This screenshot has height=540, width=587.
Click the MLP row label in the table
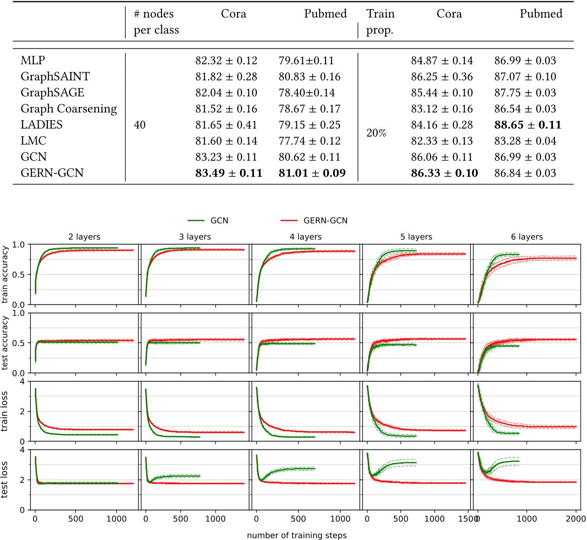(x=33, y=60)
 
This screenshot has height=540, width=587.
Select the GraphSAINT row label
(x=55, y=77)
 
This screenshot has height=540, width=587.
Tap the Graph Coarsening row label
(x=68, y=109)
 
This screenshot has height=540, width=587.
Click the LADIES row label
(x=41, y=125)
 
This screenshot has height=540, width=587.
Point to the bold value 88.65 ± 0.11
(x=527, y=125)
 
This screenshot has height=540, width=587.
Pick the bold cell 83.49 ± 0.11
(x=228, y=173)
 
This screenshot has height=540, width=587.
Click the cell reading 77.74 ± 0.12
(x=309, y=141)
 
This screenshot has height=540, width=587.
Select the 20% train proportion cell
(x=376, y=133)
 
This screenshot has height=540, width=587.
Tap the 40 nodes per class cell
(x=140, y=125)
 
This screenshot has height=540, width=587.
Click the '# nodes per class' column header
(x=156, y=22)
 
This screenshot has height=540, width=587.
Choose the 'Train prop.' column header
(x=380, y=22)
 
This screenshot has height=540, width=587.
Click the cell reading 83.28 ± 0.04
(x=525, y=141)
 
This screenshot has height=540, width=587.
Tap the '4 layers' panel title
(x=306, y=237)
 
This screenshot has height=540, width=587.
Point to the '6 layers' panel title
(x=527, y=237)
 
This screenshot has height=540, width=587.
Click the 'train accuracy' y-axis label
(x=5, y=275)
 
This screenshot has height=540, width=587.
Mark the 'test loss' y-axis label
(x=5, y=480)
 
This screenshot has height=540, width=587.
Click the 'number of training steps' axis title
(x=297, y=535)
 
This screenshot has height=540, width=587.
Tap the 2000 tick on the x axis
(x=575, y=519)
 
